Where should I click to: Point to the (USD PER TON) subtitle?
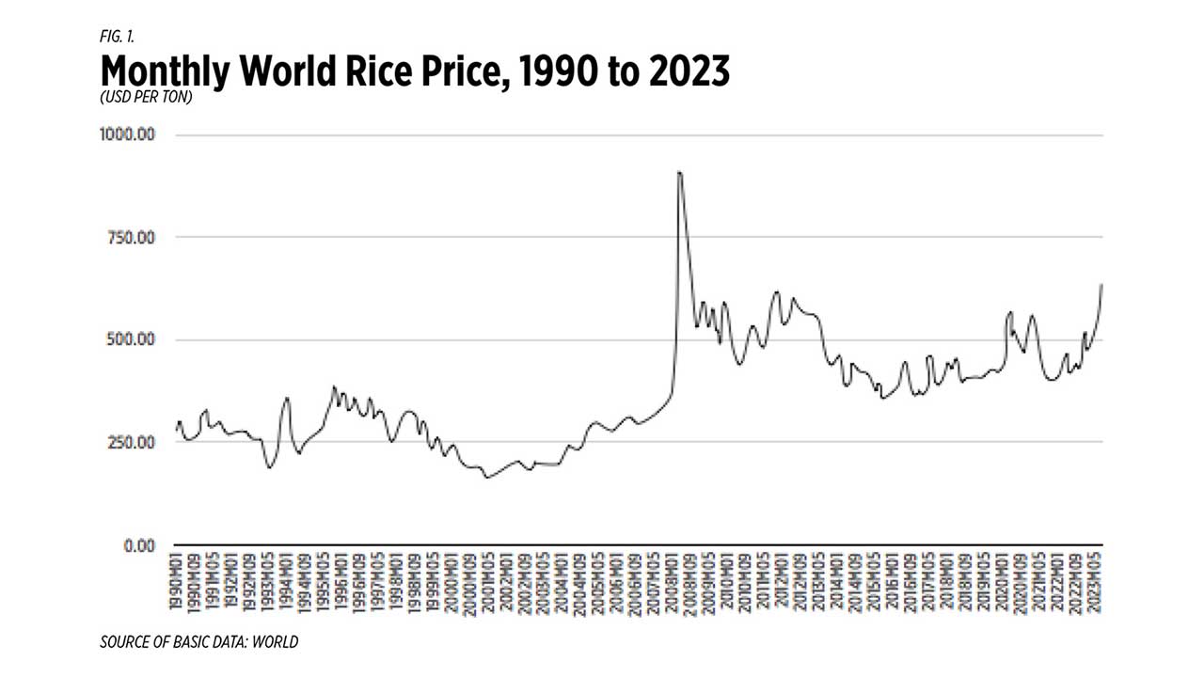coord(146,98)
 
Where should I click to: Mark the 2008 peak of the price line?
coord(679,172)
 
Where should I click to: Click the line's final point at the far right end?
coord(1101,284)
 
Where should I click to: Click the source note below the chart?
coord(198,642)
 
